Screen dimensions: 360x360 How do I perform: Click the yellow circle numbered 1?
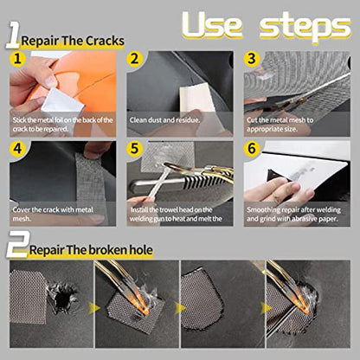pos(17,59)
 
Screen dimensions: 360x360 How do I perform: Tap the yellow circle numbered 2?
pos(135,59)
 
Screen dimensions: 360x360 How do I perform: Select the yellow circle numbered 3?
pos(252,59)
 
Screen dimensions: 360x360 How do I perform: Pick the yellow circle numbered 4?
pos(17,149)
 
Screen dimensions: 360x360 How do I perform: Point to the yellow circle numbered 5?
pos(135,149)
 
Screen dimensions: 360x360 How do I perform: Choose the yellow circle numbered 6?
pos(252,149)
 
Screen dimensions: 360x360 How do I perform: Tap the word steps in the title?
pos(305,27)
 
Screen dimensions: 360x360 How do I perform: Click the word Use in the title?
pos(212,25)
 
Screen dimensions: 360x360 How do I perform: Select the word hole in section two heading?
pos(140,250)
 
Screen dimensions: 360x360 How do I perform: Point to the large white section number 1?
pos(13,35)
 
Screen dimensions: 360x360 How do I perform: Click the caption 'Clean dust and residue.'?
pos(164,120)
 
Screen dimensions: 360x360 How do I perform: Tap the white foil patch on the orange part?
pos(61,100)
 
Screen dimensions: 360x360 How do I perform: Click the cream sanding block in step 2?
pos(198,98)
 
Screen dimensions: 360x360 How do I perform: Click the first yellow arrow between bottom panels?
pos(93,308)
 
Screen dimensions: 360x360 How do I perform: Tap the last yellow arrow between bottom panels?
pos(266,308)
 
